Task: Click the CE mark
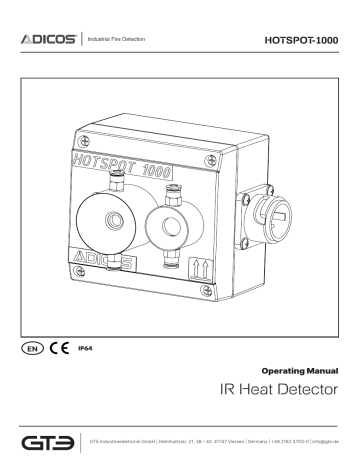58,352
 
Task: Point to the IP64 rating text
85,352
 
